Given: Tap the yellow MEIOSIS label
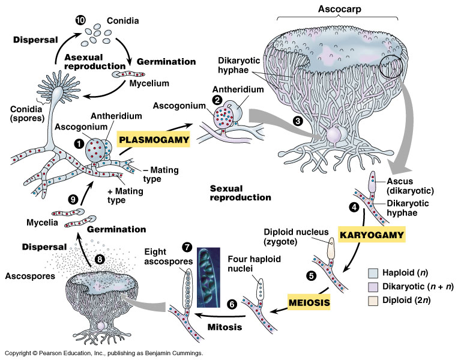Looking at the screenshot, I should click(309, 301).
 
